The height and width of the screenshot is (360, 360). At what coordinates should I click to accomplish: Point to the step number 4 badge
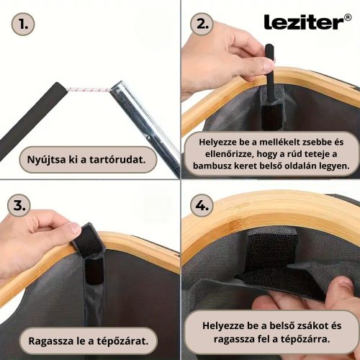coord(202,205)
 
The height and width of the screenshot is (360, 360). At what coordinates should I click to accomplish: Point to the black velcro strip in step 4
coord(271,259)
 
